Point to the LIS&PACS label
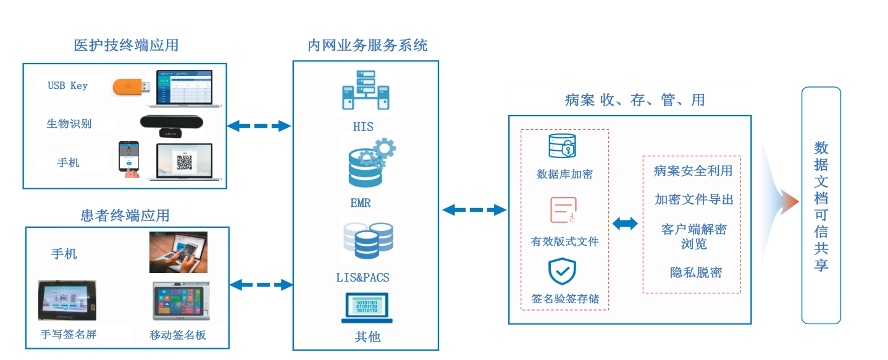[363, 277]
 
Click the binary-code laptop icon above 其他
[367, 308]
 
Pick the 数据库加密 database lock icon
[563, 146]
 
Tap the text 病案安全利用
[693, 171]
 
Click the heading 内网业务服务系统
[367, 46]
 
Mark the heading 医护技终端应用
[126, 45]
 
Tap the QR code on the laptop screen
[185, 162]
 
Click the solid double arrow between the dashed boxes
[625, 224]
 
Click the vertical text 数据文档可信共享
[821, 206]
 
